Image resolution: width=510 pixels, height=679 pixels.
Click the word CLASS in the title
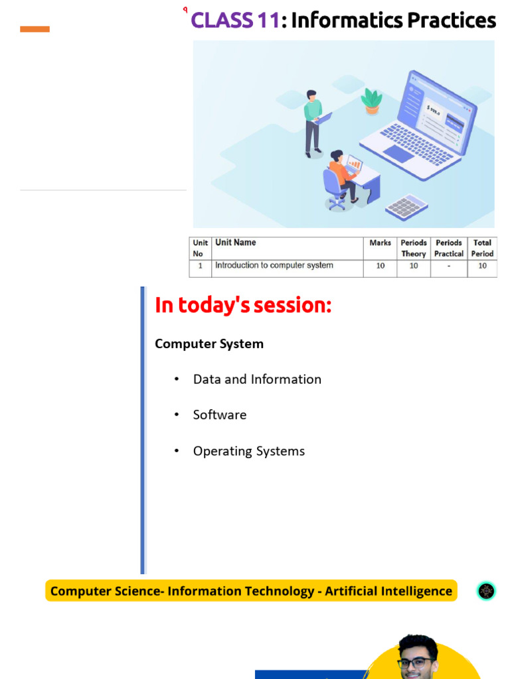[x=222, y=21]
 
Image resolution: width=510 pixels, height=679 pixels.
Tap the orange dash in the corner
[x=35, y=29]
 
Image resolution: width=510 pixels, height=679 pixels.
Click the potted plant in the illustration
[x=372, y=101]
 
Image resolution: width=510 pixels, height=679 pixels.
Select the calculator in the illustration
[x=406, y=207]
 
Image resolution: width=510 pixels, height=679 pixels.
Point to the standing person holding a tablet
[x=315, y=123]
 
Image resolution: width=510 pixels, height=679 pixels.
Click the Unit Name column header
[x=236, y=243]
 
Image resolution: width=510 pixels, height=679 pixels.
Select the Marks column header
[x=380, y=243]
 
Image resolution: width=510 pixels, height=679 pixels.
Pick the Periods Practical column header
[x=449, y=248]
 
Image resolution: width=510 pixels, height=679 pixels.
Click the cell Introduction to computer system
[x=274, y=265]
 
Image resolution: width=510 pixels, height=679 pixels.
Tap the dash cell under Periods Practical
[x=449, y=265]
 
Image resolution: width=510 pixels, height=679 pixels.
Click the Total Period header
[x=482, y=248]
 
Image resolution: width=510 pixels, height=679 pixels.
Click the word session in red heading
[x=293, y=305]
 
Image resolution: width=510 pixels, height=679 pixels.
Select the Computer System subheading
[x=209, y=344]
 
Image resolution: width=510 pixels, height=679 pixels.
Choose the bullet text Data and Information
[x=257, y=379]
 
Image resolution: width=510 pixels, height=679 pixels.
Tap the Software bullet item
[x=219, y=415]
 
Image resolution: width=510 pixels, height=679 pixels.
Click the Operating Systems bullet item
[x=249, y=451]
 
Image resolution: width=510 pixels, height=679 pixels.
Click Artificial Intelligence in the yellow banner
[x=388, y=591]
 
